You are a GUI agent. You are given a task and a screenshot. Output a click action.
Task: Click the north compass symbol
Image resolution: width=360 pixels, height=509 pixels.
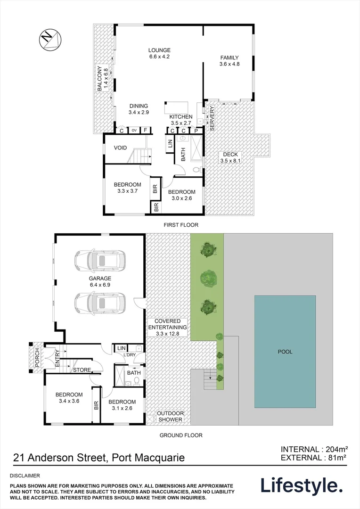(x=50, y=37)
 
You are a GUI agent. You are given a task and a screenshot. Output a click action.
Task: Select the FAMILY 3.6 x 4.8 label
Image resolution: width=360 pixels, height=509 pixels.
(x=229, y=61)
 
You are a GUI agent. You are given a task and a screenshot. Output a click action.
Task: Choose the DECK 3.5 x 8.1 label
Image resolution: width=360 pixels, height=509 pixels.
(x=230, y=157)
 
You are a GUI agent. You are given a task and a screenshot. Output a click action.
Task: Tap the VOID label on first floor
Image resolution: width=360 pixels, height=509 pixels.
(x=120, y=148)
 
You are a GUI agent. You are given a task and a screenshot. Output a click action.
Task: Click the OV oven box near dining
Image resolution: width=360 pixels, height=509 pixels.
(x=134, y=131)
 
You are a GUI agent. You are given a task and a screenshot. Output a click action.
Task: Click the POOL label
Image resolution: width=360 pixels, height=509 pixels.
(x=285, y=352)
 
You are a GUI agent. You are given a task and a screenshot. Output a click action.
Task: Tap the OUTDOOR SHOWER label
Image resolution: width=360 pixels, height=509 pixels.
(x=170, y=416)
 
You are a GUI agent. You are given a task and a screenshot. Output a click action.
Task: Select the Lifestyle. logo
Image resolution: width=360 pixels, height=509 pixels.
(x=302, y=485)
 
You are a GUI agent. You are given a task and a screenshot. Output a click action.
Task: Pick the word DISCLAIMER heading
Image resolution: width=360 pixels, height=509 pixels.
(x=26, y=476)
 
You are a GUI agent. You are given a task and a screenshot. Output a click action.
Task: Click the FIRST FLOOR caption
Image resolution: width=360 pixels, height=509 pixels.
(x=181, y=225)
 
